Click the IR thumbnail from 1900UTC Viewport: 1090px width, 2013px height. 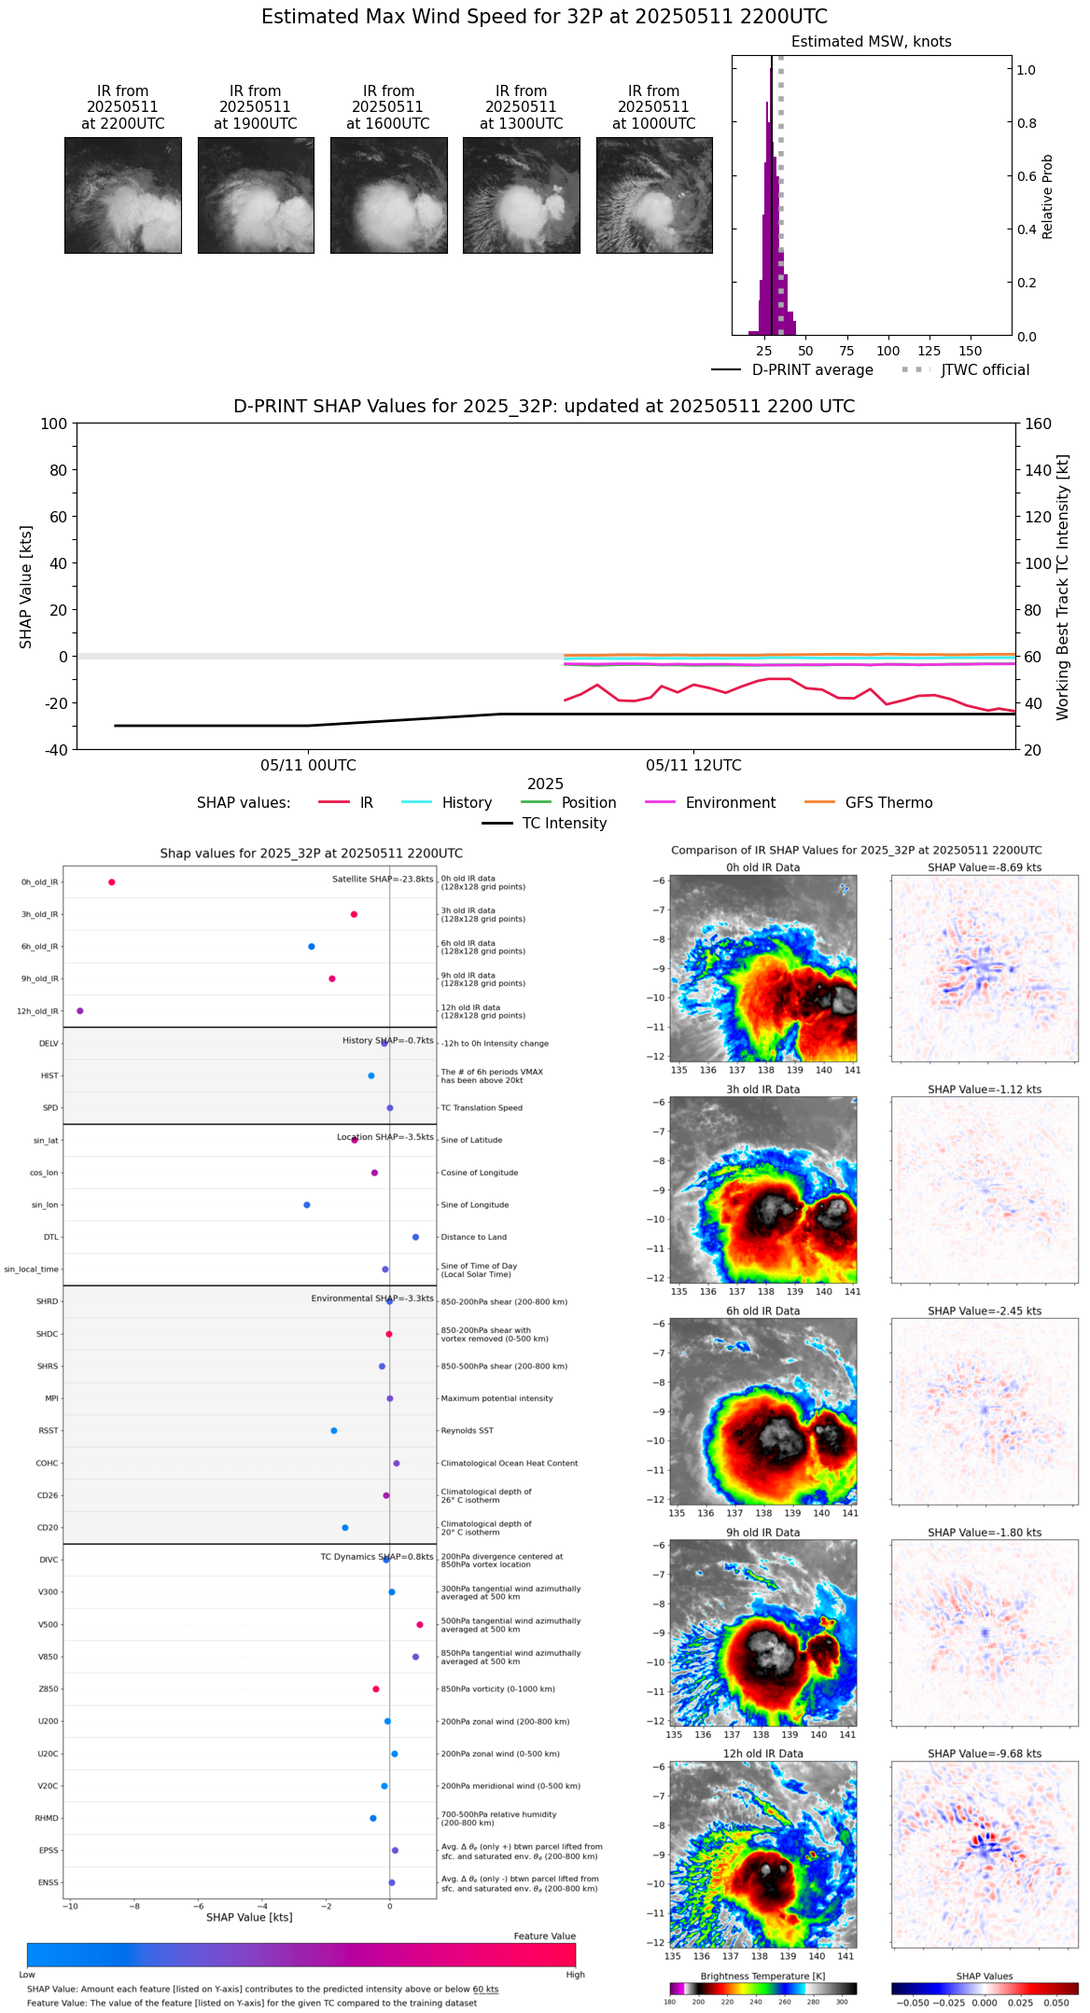(256, 195)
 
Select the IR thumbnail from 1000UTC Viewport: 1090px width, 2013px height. (654, 195)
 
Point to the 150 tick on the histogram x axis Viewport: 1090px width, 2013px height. (971, 351)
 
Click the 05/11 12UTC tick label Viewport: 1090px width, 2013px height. (693, 766)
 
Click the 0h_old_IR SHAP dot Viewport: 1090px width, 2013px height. (112, 882)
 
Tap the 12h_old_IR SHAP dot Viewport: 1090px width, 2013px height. (80, 1011)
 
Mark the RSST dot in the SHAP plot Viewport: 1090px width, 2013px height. (334, 1431)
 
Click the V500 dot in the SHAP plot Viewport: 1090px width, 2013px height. (420, 1625)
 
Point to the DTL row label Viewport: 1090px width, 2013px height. (51, 1238)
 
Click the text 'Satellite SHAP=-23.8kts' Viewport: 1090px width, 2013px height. (383, 880)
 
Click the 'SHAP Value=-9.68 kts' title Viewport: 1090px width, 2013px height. (985, 1754)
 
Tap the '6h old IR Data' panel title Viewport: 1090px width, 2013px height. (762, 1312)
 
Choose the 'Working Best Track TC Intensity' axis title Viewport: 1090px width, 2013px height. (1063, 587)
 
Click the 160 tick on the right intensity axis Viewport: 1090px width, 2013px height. (1038, 424)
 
